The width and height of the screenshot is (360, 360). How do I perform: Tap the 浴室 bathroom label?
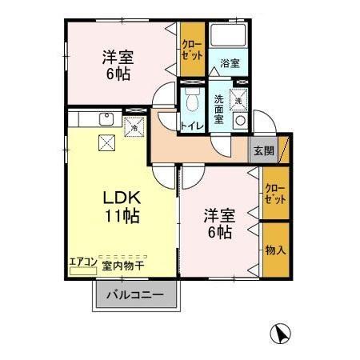click(x=230, y=63)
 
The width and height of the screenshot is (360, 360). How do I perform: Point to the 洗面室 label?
click(x=218, y=110)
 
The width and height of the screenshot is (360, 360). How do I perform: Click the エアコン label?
click(x=83, y=261)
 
